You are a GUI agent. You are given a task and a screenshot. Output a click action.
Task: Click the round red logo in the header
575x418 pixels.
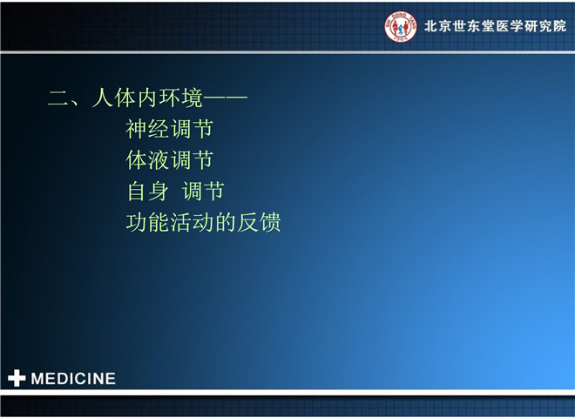[x=400, y=26]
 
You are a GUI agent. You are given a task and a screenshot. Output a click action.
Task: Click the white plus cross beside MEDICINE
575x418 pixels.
[x=17, y=379]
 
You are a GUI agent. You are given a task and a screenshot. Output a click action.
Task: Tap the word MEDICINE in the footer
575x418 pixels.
[x=73, y=379]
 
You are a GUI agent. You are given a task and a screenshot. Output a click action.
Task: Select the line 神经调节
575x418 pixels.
[x=169, y=129]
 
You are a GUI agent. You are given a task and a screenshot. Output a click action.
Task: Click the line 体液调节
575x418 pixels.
[x=169, y=160]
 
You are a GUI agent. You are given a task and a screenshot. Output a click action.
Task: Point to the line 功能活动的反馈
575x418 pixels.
[x=203, y=223]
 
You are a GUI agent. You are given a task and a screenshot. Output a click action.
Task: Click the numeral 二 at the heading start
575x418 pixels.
[x=58, y=98]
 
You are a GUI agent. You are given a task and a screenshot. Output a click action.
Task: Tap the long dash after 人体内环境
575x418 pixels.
[x=225, y=98]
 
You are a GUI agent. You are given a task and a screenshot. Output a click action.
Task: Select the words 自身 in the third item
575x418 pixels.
[x=147, y=192]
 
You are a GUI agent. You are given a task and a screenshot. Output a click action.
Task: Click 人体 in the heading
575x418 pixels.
[x=113, y=98]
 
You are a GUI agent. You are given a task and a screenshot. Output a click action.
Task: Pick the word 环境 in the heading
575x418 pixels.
[x=180, y=98]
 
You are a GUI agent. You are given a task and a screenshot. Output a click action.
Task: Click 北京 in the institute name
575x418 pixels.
[x=438, y=26]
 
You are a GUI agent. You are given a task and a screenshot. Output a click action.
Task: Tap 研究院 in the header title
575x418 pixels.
[x=545, y=26]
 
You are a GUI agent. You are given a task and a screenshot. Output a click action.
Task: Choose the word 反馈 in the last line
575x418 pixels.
[x=259, y=223]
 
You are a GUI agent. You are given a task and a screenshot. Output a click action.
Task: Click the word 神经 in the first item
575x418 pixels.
[x=147, y=129]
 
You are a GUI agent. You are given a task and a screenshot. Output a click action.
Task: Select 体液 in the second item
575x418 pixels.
[x=147, y=160]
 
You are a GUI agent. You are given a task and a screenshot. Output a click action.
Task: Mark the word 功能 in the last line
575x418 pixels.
[x=147, y=223]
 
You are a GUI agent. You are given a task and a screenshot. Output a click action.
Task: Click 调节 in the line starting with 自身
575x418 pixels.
[x=203, y=192]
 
